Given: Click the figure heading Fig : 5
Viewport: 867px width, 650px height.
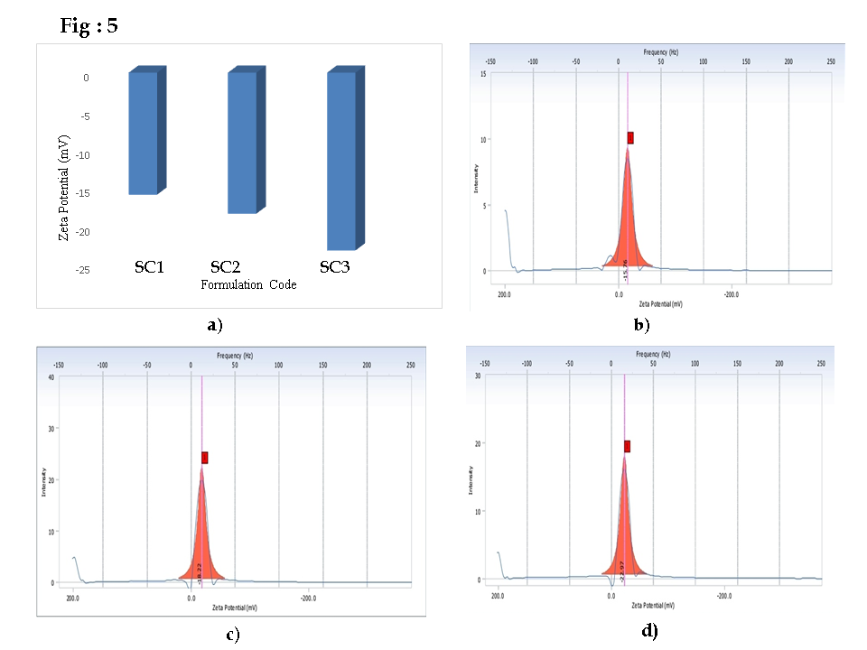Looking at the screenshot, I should pos(89,26).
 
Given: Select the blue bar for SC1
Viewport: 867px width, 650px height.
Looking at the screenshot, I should pos(143,133).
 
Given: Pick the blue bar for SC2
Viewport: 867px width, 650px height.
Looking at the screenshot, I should pos(242,143).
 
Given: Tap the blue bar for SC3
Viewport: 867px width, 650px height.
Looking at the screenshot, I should pos(341,161).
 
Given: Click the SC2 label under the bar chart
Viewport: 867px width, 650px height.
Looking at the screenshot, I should pos(225,267).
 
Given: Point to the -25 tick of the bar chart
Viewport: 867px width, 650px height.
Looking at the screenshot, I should pos(81,270).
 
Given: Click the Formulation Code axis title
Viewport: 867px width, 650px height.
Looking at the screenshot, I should pos(248,284).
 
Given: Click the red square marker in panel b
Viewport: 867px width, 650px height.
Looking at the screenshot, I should pos(630,137).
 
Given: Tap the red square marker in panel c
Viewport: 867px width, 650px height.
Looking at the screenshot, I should pos(205,458).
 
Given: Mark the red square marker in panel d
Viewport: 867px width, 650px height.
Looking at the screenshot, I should pos(627,446).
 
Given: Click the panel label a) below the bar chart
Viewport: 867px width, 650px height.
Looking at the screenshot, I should pos(214,325).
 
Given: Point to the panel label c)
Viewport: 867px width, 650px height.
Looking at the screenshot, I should pos(232,635).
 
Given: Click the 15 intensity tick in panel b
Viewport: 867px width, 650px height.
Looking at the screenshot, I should pos(485,74).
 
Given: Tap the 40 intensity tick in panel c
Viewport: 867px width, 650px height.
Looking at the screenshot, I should pos(52,377).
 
